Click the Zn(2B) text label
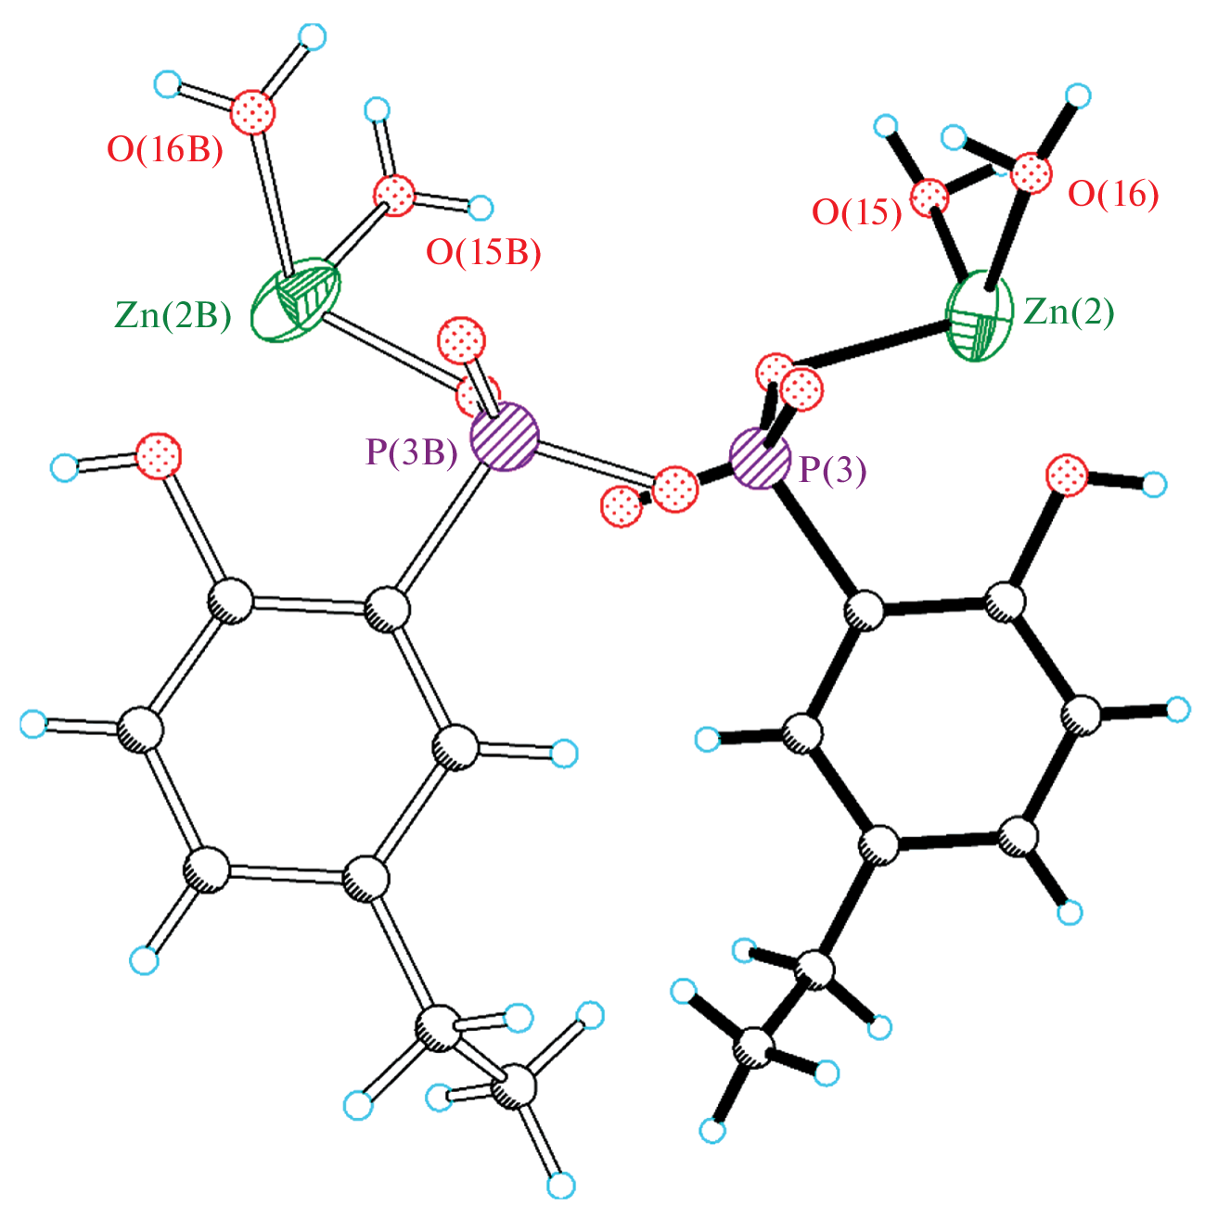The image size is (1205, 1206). (173, 315)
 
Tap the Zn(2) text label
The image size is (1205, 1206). (1069, 311)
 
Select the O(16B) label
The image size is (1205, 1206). (165, 150)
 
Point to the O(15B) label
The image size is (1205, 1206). (483, 253)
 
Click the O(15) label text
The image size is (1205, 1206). (857, 212)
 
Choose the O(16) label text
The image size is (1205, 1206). (1113, 194)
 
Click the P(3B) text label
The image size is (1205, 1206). (412, 451)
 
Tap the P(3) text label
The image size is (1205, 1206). (834, 469)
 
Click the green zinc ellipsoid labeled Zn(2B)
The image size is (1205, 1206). (296, 299)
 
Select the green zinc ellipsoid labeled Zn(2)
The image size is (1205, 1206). (980, 317)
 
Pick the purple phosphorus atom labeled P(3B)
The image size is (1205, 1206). (505, 437)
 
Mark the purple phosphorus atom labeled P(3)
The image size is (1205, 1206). (761, 459)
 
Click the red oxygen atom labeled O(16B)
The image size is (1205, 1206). (253, 113)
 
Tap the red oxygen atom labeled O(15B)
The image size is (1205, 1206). (394, 196)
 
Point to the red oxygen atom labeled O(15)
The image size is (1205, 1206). (929, 197)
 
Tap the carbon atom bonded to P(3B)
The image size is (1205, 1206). (388, 609)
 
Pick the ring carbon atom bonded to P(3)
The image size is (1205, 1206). (865, 610)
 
